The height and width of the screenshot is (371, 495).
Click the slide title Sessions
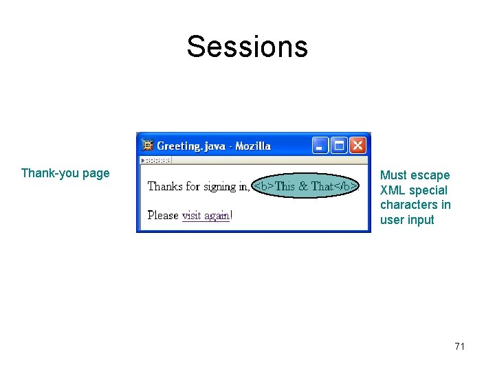(x=247, y=47)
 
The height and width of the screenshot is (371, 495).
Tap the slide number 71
(x=460, y=346)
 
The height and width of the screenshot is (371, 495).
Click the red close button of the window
(x=357, y=145)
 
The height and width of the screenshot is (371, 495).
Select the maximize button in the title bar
(x=339, y=145)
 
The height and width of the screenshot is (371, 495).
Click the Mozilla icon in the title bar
(x=147, y=146)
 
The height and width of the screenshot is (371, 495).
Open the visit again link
(x=206, y=216)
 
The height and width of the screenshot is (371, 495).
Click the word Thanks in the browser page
(x=166, y=186)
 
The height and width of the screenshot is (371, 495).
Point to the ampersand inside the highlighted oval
(x=302, y=186)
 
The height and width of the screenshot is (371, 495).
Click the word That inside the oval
(x=322, y=186)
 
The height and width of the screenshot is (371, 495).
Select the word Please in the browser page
(x=163, y=216)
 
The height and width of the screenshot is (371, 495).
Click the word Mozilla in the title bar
(x=253, y=146)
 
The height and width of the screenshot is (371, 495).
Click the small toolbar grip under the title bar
(x=155, y=161)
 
